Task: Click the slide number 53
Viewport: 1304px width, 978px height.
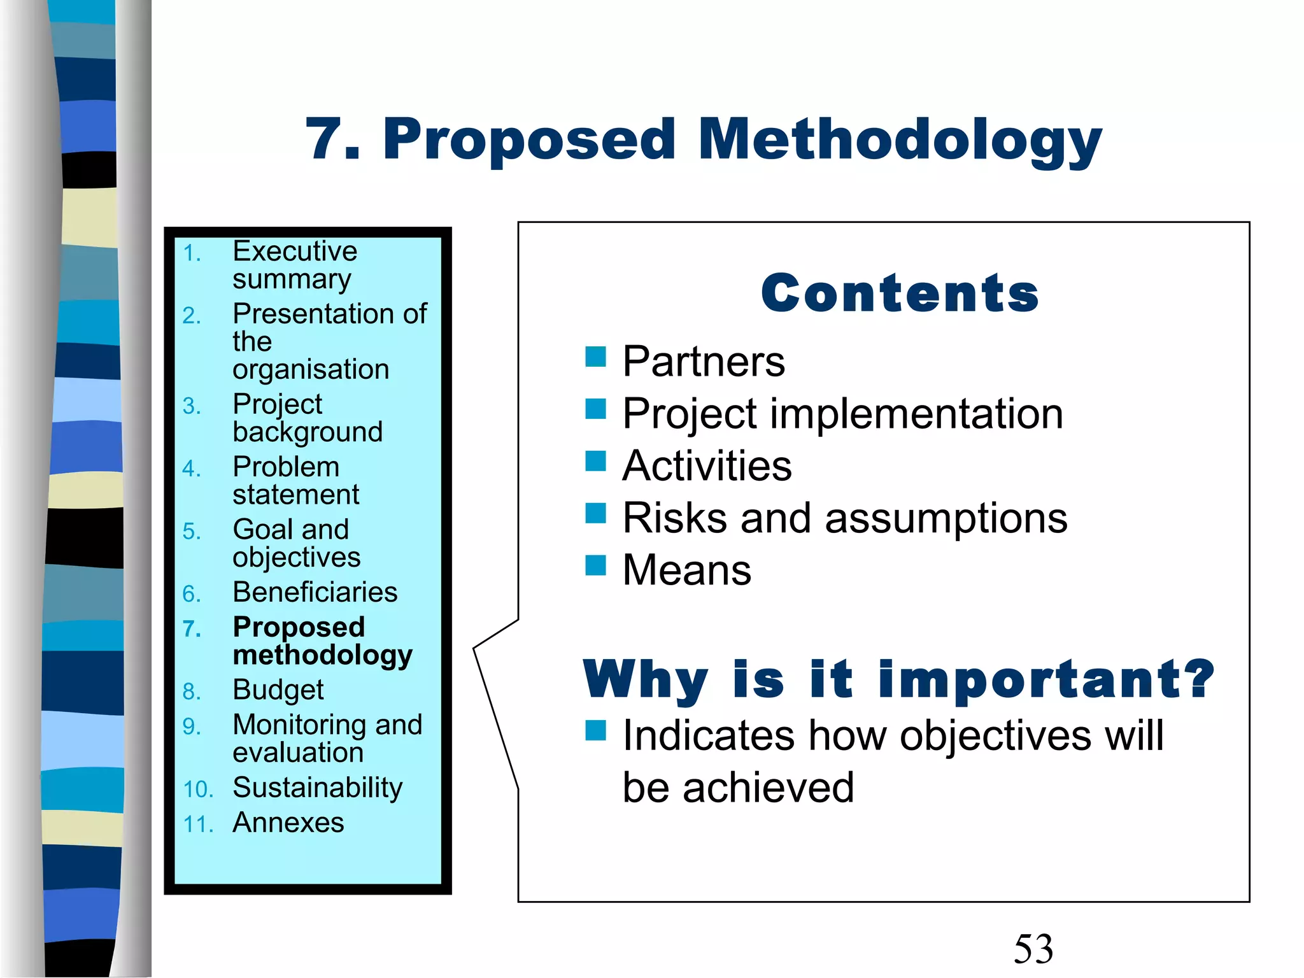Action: [x=1033, y=949]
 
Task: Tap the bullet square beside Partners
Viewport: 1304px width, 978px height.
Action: [x=595, y=357]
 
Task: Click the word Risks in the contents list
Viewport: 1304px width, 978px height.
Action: [x=674, y=518]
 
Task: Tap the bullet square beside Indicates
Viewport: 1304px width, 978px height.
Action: [x=595, y=731]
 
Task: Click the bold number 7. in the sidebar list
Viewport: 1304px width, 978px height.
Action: [x=192, y=629]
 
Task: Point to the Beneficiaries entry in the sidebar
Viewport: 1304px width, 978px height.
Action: [x=315, y=592]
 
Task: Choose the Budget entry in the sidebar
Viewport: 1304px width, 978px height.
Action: [x=278, y=690]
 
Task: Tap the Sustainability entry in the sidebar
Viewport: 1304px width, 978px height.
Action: [x=317, y=788]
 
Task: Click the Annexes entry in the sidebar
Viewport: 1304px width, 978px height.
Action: [x=288, y=823]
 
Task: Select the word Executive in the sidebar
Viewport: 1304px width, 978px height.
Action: [x=295, y=251]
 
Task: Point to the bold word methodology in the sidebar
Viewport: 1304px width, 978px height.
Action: [x=322, y=656]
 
